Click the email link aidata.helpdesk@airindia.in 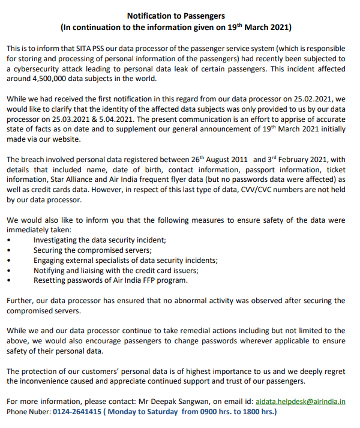300,401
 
